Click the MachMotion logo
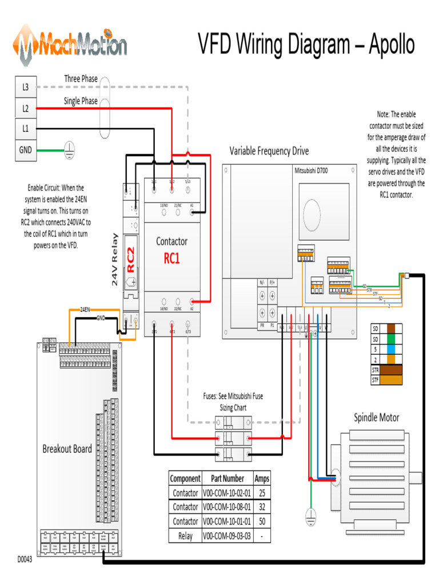coord(70,45)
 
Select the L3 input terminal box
coord(25,88)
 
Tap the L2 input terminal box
coord(25,108)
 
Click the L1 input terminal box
coord(25,129)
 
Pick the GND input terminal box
coord(25,151)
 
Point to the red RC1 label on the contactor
coord(171,259)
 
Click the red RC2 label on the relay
coord(131,259)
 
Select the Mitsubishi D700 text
coord(315,171)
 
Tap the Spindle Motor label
coord(376,417)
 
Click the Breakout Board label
coord(67,449)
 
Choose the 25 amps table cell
coord(262,493)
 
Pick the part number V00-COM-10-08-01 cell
coord(227,507)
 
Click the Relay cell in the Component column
coord(185,536)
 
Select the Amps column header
coord(262,478)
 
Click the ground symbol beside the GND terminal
coord(69,151)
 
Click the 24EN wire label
coord(85,309)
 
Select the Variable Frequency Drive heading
coord(269,151)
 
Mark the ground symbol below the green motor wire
coord(310,513)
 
